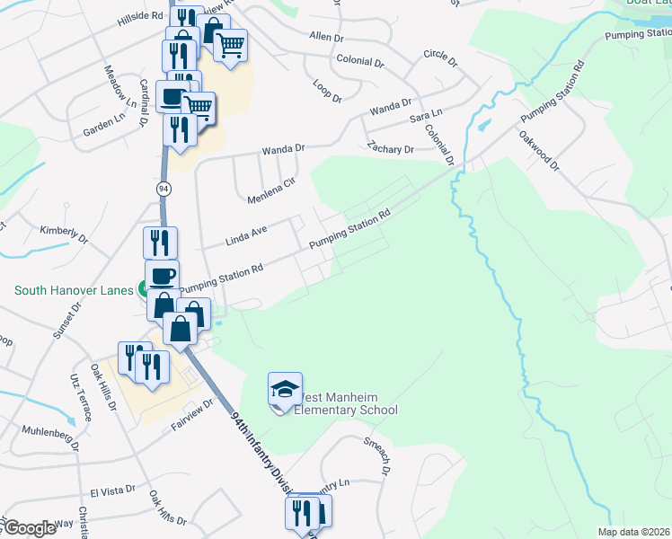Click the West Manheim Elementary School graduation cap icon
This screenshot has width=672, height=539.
click(x=285, y=390)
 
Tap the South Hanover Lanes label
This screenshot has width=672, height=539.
click(x=72, y=290)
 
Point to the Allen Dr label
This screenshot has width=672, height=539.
click(x=326, y=38)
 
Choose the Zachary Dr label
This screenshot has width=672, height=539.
click(x=390, y=148)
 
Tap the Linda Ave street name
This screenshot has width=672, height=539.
click(x=246, y=236)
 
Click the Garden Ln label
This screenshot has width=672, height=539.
click(x=104, y=126)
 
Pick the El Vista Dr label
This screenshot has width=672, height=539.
click(x=112, y=490)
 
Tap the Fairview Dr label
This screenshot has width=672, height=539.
click(x=193, y=412)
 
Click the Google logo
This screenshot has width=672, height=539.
click(x=30, y=529)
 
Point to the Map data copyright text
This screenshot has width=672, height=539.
click(x=632, y=532)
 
